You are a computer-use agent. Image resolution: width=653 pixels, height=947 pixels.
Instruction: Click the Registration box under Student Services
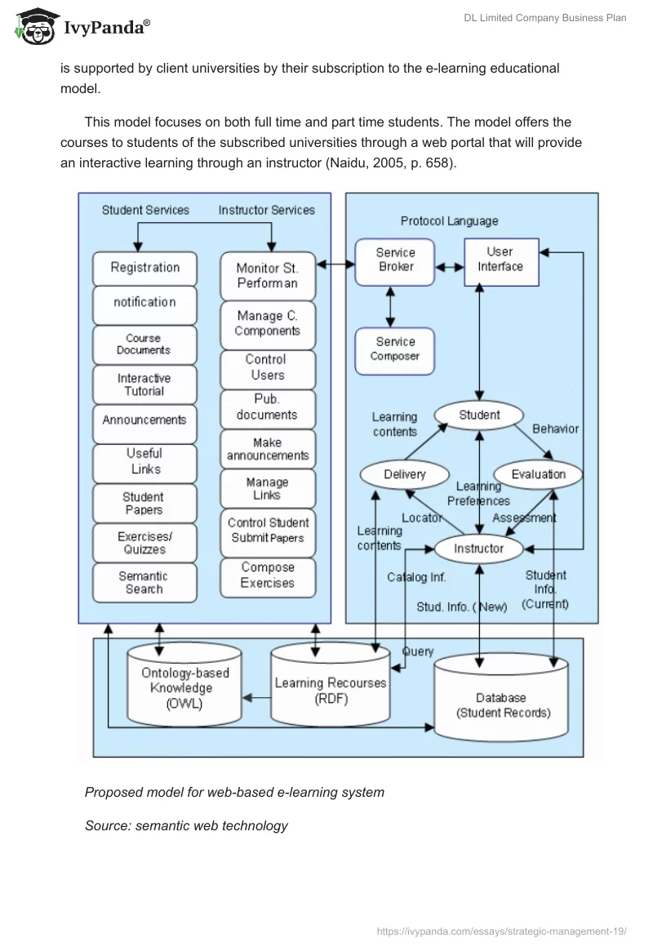(x=144, y=268)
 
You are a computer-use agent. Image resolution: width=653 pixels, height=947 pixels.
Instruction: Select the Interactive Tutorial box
(x=144, y=385)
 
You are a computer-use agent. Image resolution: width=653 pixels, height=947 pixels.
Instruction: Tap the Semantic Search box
(x=144, y=582)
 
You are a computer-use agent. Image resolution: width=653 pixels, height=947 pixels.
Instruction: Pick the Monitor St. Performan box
(x=267, y=276)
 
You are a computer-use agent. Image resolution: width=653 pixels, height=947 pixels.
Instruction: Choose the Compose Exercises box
(x=267, y=575)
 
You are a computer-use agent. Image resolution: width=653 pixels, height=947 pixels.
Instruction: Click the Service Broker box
(x=395, y=260)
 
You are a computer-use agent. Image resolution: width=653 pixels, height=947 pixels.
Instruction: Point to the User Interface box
(x=500, y=260)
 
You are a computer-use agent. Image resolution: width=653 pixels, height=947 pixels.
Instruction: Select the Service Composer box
(x=395, y=349)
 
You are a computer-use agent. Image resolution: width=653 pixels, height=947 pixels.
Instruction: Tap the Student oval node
(x=479, y=415)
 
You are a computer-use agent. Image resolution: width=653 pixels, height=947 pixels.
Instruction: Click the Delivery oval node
(x=405, y=474)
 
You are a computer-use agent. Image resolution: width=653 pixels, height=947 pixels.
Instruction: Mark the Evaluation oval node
(x=539, y=474)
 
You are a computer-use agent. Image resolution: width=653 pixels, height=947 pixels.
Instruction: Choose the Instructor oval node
(x=479, y=549)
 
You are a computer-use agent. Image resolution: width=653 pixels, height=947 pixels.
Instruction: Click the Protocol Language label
(x=449, y=221)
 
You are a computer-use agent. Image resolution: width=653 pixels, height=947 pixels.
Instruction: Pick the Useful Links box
(x=144, y=461)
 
